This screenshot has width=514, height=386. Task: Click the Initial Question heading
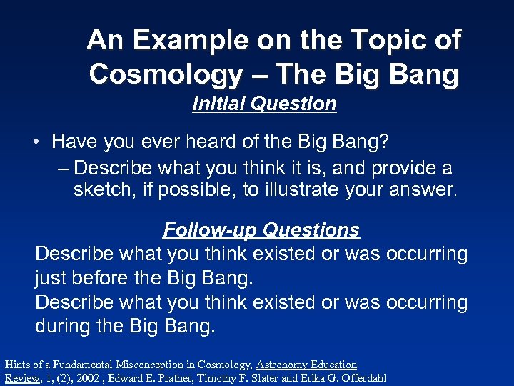[264, 104]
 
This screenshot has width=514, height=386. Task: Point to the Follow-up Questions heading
[261, 230]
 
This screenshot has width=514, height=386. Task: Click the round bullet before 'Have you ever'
[35, 142]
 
